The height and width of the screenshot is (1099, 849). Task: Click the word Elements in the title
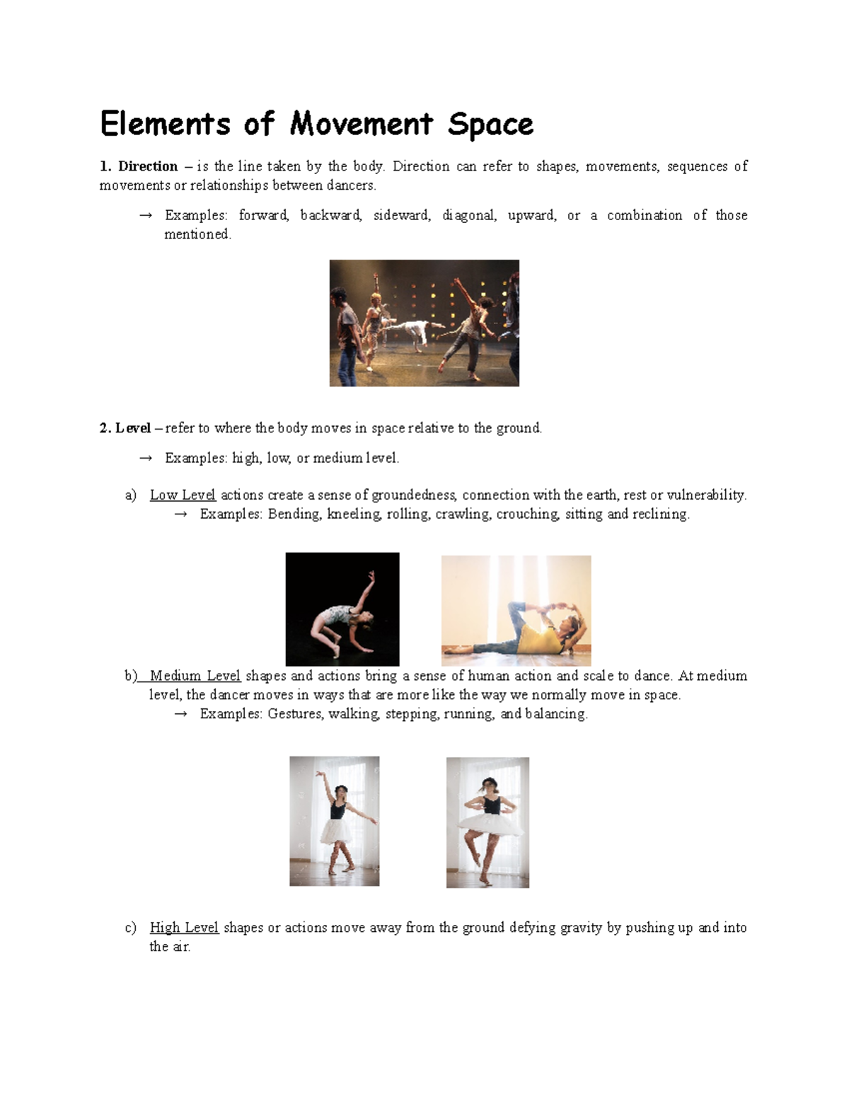[165, 124]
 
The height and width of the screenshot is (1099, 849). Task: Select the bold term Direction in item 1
[147, 166]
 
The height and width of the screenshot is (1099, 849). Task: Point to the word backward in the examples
[330, 215]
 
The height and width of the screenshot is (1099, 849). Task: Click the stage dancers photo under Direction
[424, 323]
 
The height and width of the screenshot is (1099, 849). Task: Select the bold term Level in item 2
[133, 428]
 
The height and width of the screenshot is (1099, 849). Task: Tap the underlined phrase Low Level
[183, 495]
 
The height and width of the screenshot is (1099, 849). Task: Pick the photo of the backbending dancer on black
[342, 609]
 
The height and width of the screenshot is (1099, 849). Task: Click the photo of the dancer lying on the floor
[516, 610]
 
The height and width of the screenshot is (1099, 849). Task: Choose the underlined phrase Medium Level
[195, 676]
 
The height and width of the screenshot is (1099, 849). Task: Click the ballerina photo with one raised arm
[334, 821]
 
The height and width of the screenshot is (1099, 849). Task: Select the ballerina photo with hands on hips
[487, 822]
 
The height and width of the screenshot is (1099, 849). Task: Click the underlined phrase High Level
[184, 928]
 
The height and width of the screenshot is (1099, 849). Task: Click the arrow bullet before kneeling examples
[180, 514]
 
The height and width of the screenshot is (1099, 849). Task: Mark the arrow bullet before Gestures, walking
[180, 714]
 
